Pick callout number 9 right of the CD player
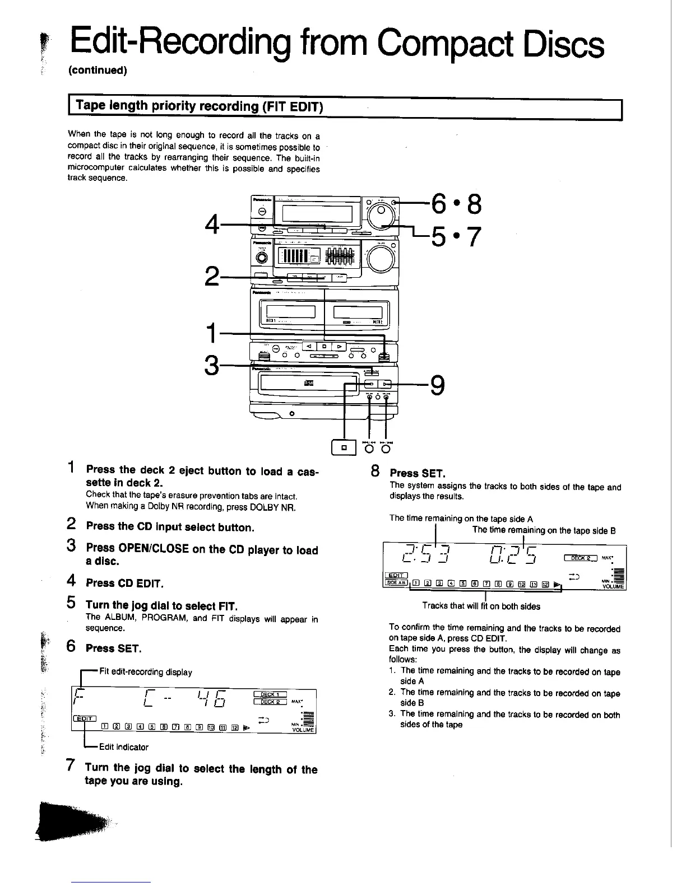tap(438, 385)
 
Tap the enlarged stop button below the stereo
tap(344, 447)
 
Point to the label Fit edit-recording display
tap(145, 672)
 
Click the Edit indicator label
tap(124, 747)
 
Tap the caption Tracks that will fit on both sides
tap(481, 606)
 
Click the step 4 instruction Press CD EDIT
tap(124, 583)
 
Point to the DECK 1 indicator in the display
tap(270, 694)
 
